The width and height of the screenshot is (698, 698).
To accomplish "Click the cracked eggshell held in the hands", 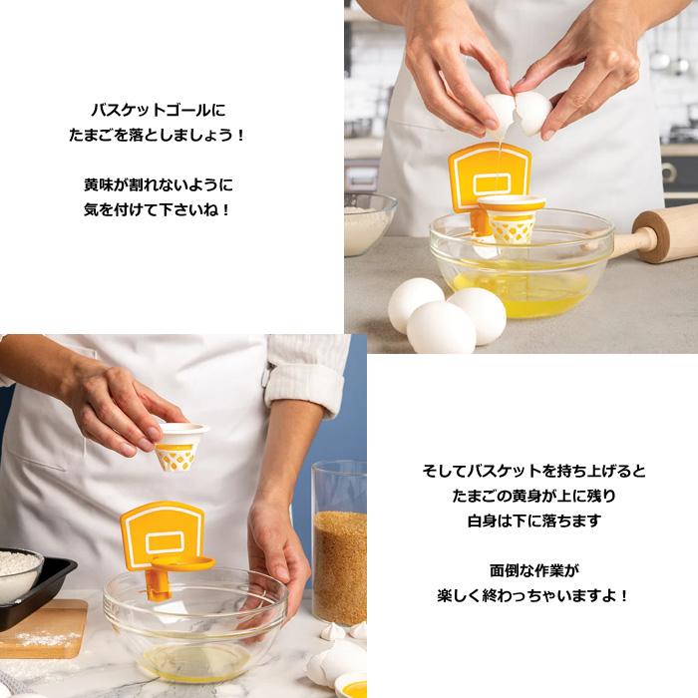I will [x=518, y=111].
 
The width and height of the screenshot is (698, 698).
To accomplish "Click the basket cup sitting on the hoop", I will [x=510, y=220].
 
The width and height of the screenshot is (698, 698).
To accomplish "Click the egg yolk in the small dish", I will [x=354, y=687].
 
